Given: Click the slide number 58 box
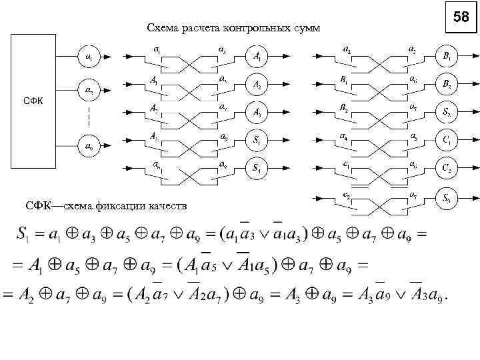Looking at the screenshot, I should click(461, 17).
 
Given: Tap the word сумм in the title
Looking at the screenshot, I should click(306, 28).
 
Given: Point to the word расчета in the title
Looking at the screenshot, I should click(200, 28).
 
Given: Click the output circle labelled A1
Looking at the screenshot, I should click(257, 57).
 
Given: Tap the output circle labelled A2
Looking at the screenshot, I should click(257, 85).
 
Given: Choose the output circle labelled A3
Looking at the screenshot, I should click(257, 113).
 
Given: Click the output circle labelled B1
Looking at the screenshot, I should click(446, 57).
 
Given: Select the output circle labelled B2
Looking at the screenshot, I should click(446, 85).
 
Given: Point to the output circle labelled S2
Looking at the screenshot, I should click(446, 113).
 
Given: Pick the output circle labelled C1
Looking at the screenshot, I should click(446, 141).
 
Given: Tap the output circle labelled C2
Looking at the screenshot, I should click(446, 168).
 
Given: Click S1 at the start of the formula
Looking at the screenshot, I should click(23, 236).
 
